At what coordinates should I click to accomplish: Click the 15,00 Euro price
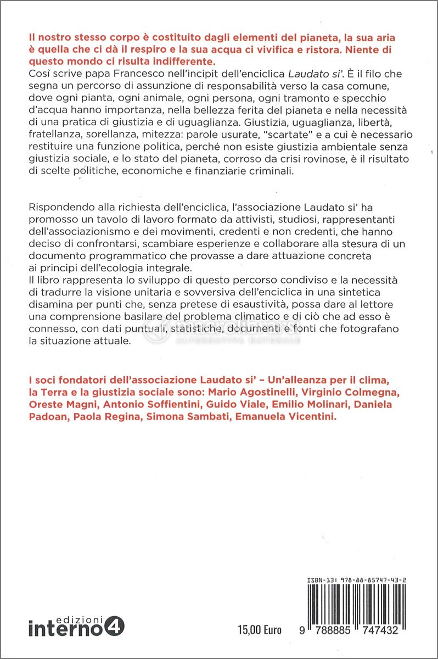(x=260, y=630)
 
